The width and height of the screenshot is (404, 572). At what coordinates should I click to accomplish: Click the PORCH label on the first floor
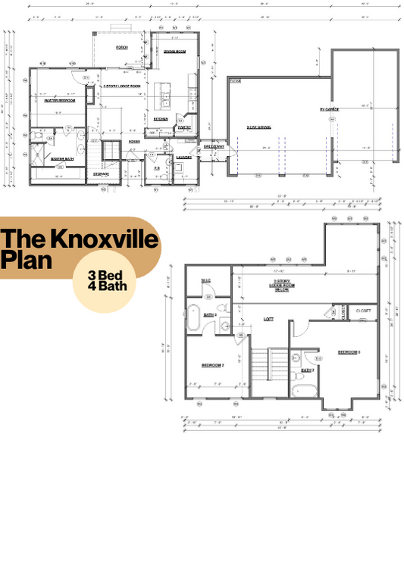click(121, 47)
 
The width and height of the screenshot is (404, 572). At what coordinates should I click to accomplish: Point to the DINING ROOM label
click(175, 52)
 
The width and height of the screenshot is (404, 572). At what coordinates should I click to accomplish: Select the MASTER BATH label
click(61, 159)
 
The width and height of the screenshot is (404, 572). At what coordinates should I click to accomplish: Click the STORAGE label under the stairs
click(101, 174)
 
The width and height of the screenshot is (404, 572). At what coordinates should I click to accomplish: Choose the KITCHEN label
click(161, 118)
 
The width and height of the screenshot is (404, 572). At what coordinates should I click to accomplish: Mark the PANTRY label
click(184, 127)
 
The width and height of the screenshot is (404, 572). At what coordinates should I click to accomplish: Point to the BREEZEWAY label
click(211, 146)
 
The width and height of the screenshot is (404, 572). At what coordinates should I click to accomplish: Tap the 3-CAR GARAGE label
click(258, 127)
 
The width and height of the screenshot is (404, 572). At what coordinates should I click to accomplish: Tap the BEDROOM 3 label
click(349, 352)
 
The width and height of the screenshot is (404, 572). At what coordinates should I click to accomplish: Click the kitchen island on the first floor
click(163, 96)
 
